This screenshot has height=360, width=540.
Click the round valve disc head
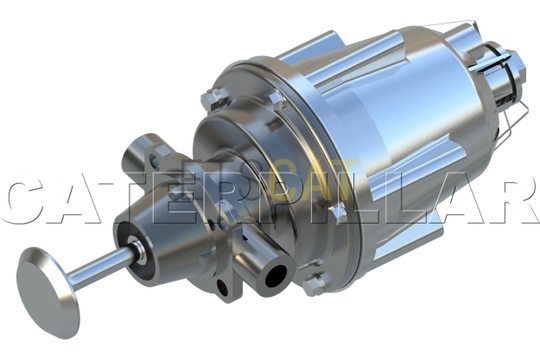pyautogui.click(x=49, y=293)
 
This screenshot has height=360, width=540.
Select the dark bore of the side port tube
pyautogui.click(x=276, y=276)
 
